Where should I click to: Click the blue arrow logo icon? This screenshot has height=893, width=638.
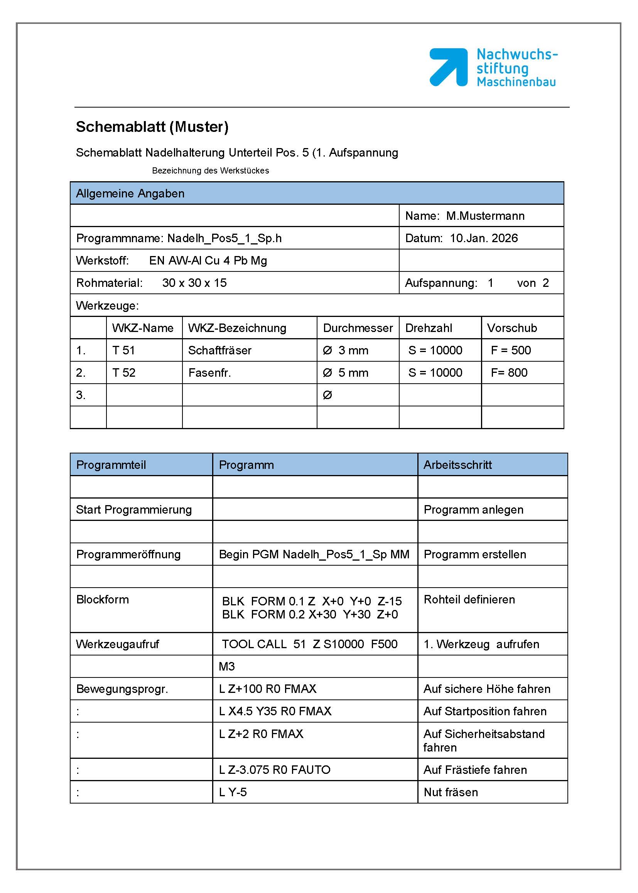click(x=448, y=67)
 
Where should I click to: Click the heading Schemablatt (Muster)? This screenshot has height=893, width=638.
click(x=152, y=127)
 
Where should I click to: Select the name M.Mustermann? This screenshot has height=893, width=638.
click(x=485, y=216)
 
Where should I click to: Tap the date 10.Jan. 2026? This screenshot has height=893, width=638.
click(x=484, y=238)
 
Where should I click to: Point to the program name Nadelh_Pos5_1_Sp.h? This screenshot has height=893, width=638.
click(x=224, y=238)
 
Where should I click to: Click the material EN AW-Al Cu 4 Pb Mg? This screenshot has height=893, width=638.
click(x=208, y=260)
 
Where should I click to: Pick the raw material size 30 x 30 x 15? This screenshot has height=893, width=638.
click(x=194, y=283)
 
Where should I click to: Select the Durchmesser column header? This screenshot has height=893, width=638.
click(x=358, y=328)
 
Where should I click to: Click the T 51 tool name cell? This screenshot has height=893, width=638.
click(x=123, y=350)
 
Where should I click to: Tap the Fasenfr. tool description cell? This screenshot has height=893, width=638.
click(x=209, y=373)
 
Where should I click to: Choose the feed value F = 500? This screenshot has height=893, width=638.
click(x=511, y=350)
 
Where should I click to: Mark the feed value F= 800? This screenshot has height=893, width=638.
click(x=509, y=373)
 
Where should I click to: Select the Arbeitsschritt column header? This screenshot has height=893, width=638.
click(x=457, y=465)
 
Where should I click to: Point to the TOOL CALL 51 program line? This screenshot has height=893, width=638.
click(x=310, y=644)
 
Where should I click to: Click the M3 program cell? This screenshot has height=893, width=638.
click(x=227, y=666)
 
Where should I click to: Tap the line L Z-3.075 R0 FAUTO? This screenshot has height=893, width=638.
click(x=275, y=770)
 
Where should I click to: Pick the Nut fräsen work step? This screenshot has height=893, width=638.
click(x=451, y=792)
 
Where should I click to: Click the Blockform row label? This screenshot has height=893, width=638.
click(x=103, y=600)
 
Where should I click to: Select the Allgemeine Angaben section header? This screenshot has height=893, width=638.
click(x=130, y=193)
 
